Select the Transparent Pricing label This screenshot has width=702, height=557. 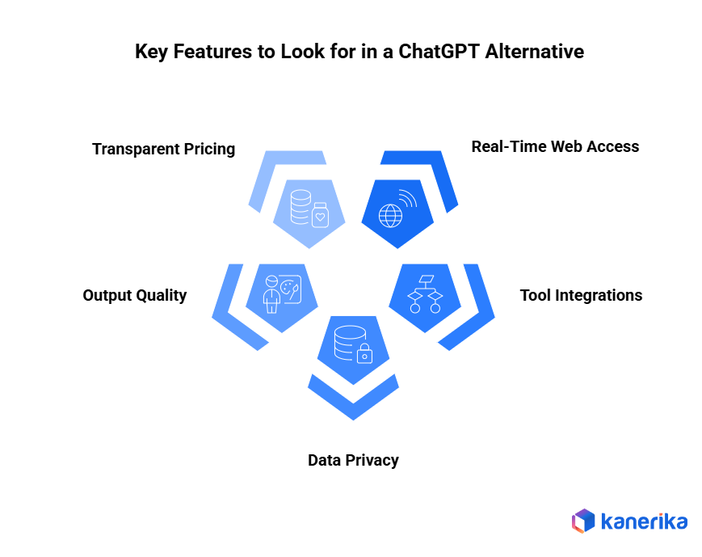(163, 149)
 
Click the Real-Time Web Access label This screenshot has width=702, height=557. (555, 146)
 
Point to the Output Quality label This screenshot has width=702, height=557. (134, 295)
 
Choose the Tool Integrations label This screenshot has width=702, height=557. (581, 295)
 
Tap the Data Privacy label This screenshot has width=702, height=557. (353, 460)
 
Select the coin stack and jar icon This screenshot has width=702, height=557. (310, 209)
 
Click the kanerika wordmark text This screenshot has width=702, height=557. (644, 521)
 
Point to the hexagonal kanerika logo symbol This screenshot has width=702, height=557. (582, 521)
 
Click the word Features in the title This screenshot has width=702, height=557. (213, 52)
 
